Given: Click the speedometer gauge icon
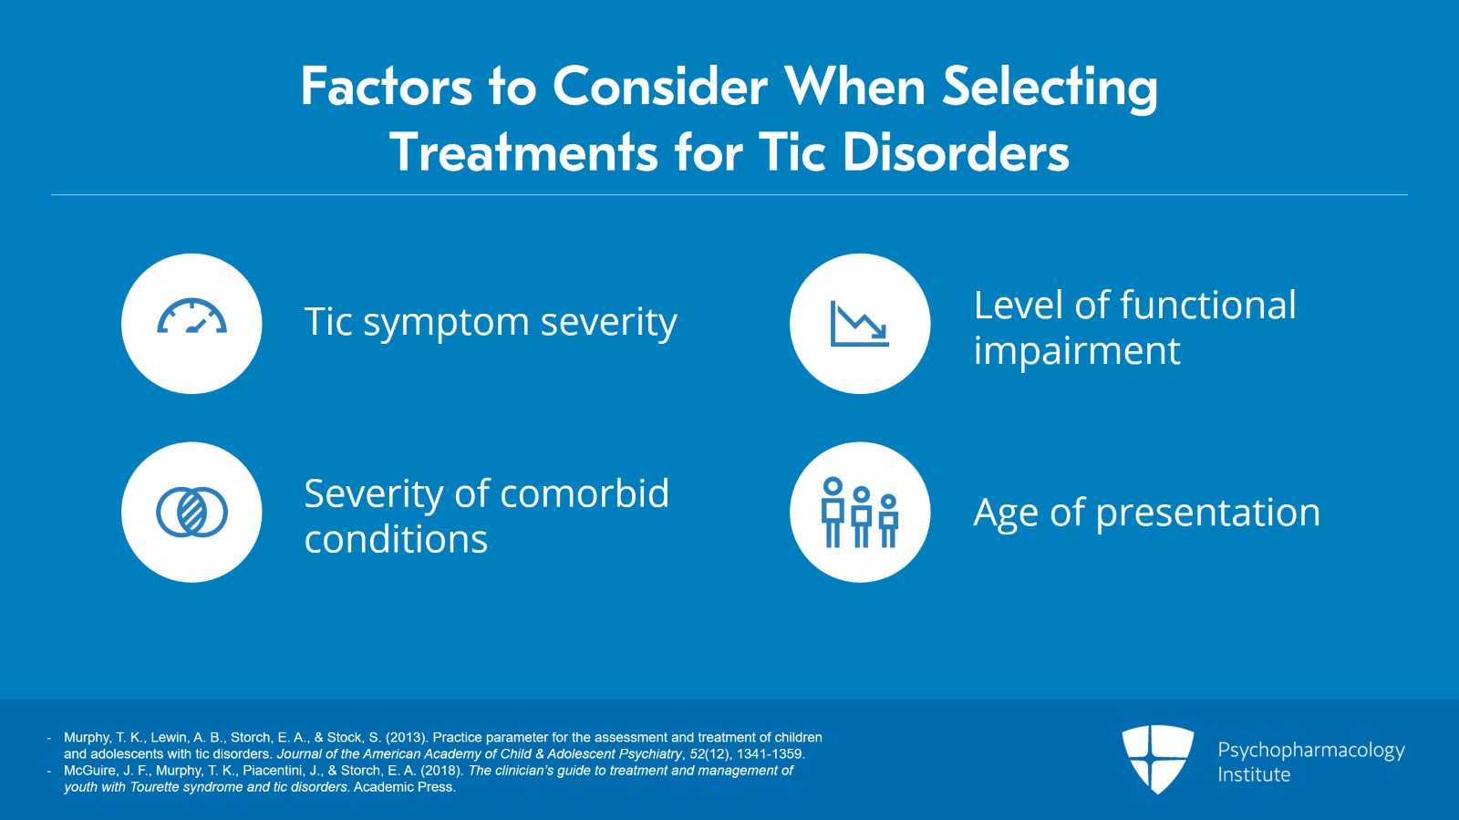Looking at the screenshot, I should pos(191,317).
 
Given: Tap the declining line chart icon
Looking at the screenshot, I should pos(859,324).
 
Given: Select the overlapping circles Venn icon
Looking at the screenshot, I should pos(191,512).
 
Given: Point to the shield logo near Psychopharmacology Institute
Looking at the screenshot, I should pos(1157,758).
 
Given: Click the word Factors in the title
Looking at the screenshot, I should pos(387,88).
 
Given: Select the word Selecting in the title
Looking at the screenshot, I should pos(1050,88).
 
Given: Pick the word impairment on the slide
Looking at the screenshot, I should pos(1076,351).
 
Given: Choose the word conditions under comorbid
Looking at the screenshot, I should pos(396,539).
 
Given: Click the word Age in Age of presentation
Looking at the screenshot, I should pos(1006,513).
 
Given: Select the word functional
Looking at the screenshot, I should pos(1207,306).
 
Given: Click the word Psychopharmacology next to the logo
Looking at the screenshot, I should pos(1310,750).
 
